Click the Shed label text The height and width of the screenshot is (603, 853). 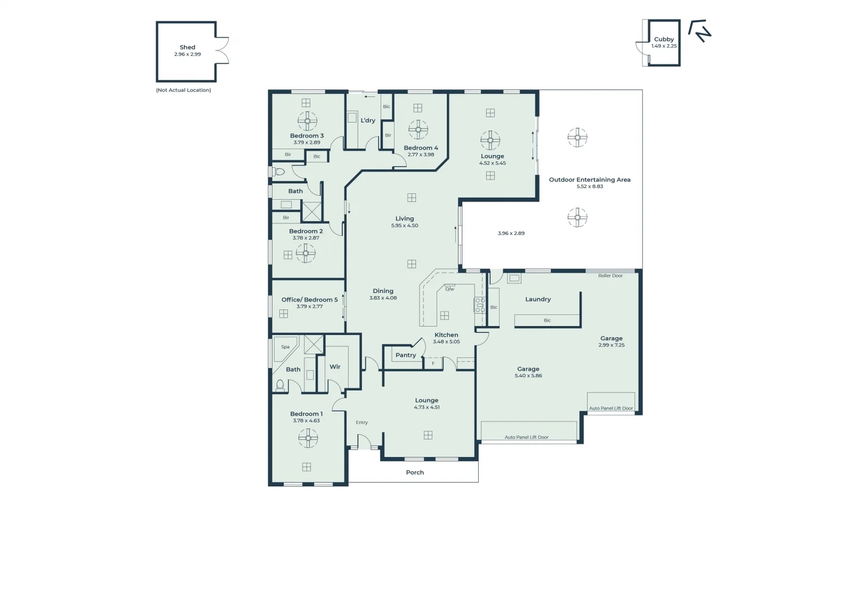click(187, 47)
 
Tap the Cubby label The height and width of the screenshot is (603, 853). click(664, 39)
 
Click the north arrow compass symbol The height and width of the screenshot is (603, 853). click(699, 31)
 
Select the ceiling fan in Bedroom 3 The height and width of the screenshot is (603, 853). click(307, 121)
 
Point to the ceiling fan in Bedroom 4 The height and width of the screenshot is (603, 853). click(418, 130)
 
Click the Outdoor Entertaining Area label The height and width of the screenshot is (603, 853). click(589, 180)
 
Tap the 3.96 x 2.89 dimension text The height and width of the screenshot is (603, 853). click(511, 233)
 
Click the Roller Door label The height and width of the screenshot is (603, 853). click(610, 276)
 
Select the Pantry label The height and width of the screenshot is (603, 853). click(406, 355)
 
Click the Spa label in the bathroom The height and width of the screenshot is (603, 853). click(285, 347)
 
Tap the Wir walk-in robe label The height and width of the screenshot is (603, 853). click(335, 367)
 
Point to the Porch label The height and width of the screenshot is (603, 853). click(414, 472)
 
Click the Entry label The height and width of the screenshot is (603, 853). click(361, 423)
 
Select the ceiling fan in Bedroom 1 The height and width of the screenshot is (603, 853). click(308, 438)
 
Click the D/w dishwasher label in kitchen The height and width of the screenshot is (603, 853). click(449, 289)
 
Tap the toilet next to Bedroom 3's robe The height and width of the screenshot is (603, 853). click(279, 172)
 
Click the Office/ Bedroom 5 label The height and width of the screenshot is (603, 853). click(309, 300)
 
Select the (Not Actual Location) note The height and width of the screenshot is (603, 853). click(183, 90)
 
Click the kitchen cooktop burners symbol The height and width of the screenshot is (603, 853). click(480, 305)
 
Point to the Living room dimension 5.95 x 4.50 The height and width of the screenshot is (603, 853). click(404, 226)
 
